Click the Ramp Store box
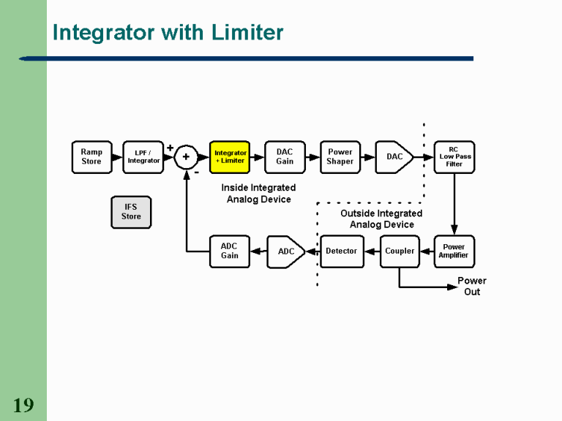(91, 157)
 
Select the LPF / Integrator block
(143, 157)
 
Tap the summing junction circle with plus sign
(186, 156)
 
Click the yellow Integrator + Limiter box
(230, 157)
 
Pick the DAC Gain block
(285, 157)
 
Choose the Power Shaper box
(340, 157)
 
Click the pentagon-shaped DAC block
(393, 157)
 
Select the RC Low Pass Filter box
(454, 157)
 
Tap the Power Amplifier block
(454, 251)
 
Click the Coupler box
(400, 251)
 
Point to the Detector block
(342, 251)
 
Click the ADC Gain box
(230, 251)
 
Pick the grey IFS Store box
(131, 212)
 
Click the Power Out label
(472, 287)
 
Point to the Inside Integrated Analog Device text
(258, 194)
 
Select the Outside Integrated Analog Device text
(381, 219)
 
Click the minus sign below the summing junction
(196, 172)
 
